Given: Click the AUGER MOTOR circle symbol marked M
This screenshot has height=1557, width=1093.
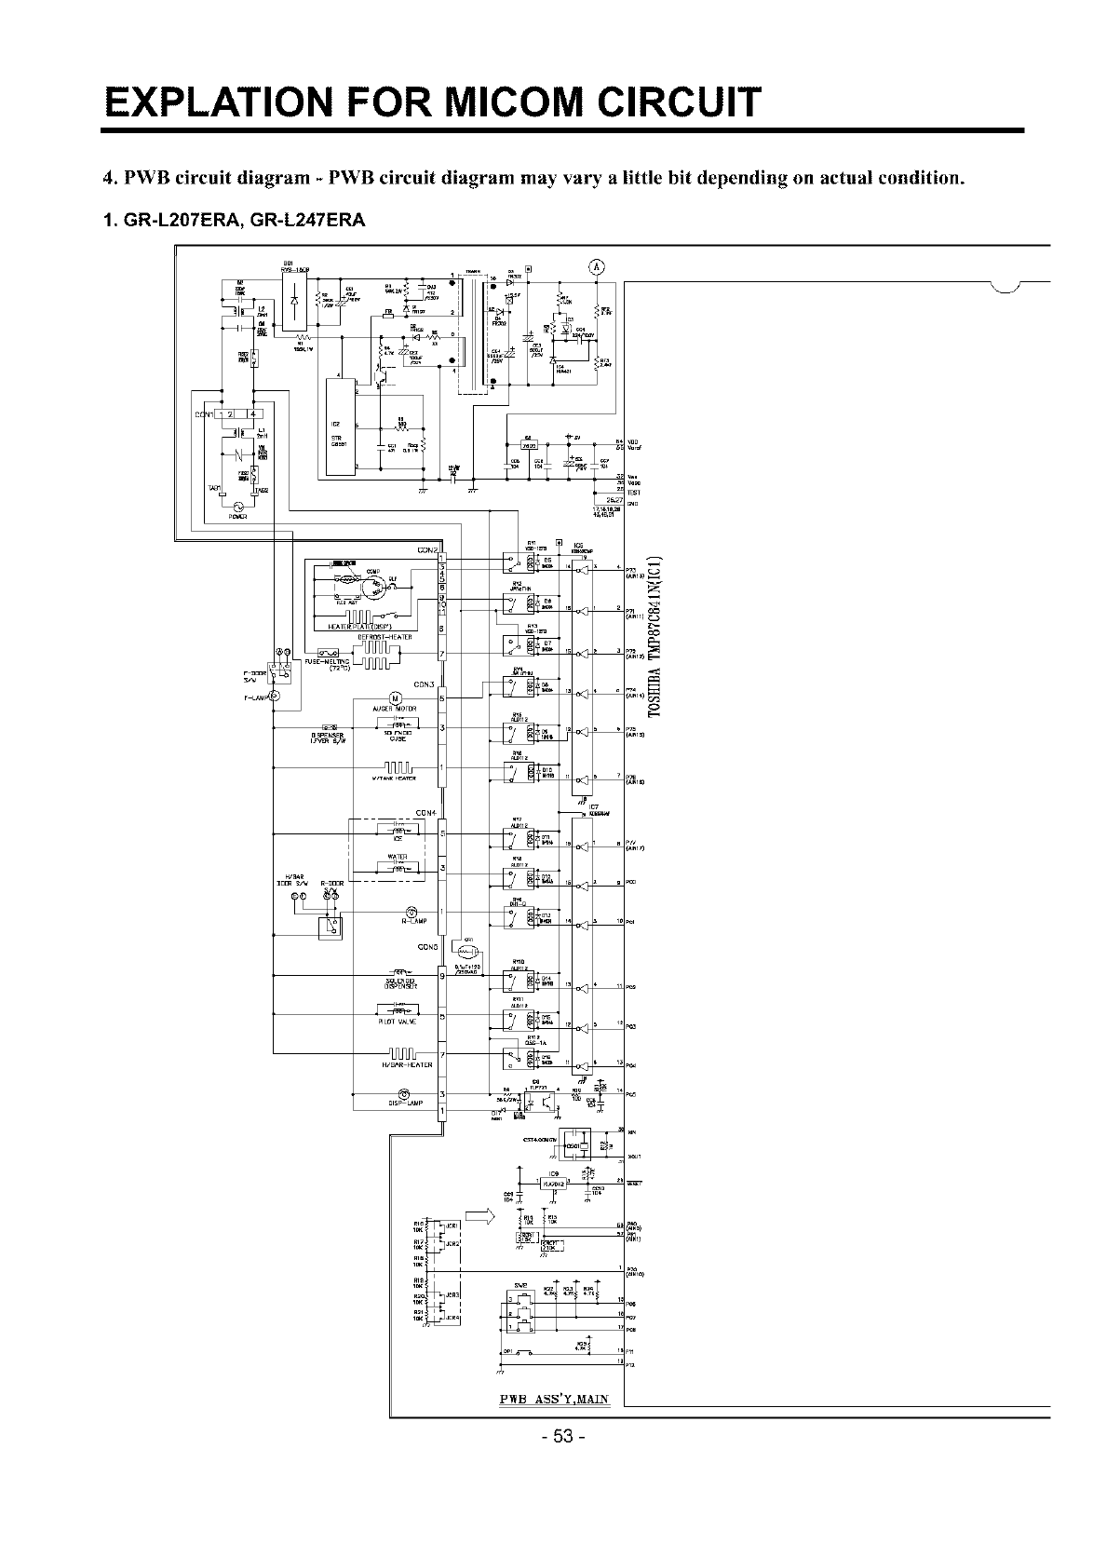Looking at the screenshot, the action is (x=393, y=698).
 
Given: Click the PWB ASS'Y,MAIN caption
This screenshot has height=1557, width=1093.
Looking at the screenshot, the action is (x=555, y=1401).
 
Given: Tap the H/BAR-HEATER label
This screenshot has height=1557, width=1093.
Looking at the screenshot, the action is (x=407, y=1064).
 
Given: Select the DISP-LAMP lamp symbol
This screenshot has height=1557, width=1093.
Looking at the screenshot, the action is (x=403, y=1093).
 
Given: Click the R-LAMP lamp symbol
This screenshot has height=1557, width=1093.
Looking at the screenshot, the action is (x=412, y=912).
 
